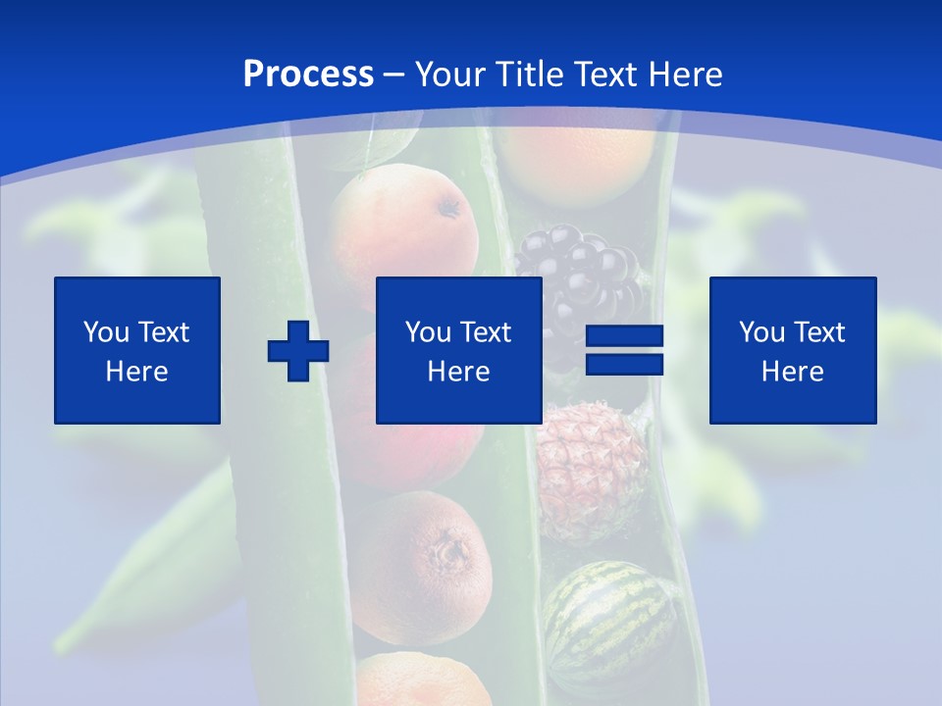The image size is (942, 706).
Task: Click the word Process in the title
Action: (x=308, y=75)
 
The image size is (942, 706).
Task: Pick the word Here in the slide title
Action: (x=687, y=75)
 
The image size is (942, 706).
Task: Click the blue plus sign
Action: (x=298, y=350)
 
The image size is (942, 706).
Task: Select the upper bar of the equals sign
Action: (x=625, y=335)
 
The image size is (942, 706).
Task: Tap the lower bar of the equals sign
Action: (x=625, y=365)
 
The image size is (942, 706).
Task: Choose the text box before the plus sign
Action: (x=137, y=350)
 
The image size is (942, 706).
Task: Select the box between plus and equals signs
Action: (x=459, y=350)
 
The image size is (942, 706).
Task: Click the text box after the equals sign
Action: (x=793, y=350)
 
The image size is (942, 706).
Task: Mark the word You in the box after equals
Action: (x=761, y=332)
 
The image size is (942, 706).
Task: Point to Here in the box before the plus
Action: (x=137, y=372)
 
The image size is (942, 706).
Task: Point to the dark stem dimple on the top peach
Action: (x=450, y=207)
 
